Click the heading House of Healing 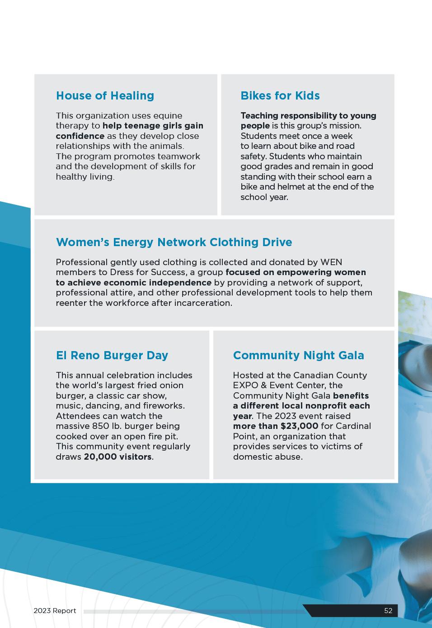(105, 95)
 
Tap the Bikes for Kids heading (280, 95)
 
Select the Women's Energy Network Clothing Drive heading (174, 242)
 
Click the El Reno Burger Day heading (112, 355)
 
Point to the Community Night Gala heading (298, 355)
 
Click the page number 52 (388, 611)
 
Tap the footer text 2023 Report (55, 611)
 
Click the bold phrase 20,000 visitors (117, 457)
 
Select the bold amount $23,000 (299, 426)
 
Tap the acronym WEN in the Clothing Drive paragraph (331, 262)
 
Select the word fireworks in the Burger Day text (164, 406)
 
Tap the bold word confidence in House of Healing (80, 136)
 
